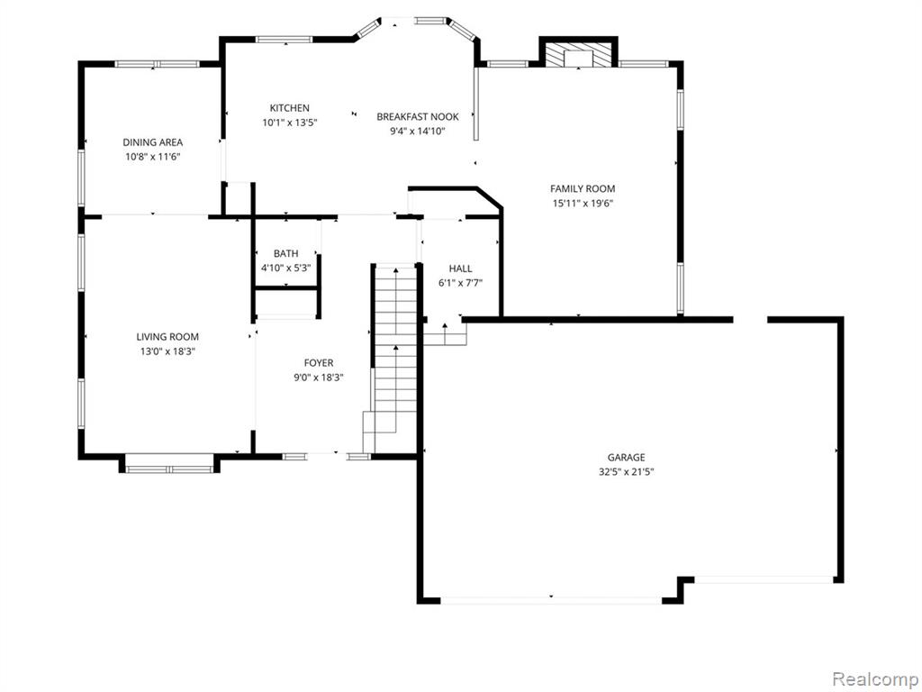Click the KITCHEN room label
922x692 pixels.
coord(289,108)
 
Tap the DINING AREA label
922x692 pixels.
coord(152,142)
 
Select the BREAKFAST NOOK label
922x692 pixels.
coord(418,117)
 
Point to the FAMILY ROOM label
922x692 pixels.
coord(583,189)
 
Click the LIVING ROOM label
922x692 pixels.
coord(167,337)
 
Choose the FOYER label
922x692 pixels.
coord(319,363)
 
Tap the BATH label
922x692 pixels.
coord(285,253)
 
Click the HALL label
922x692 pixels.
coord(460,269)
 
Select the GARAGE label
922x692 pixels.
coord(627,457)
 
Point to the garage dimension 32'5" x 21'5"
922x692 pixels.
coord(627,472)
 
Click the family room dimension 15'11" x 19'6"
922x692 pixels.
coord(583,204)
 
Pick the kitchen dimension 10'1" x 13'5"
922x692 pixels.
coord(289,123)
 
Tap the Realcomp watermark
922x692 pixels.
coord(874,679)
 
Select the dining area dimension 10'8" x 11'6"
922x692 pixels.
coord(152,157)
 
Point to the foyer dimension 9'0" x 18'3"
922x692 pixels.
coord(319,378)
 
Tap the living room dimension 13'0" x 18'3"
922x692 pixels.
coord(167,352)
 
